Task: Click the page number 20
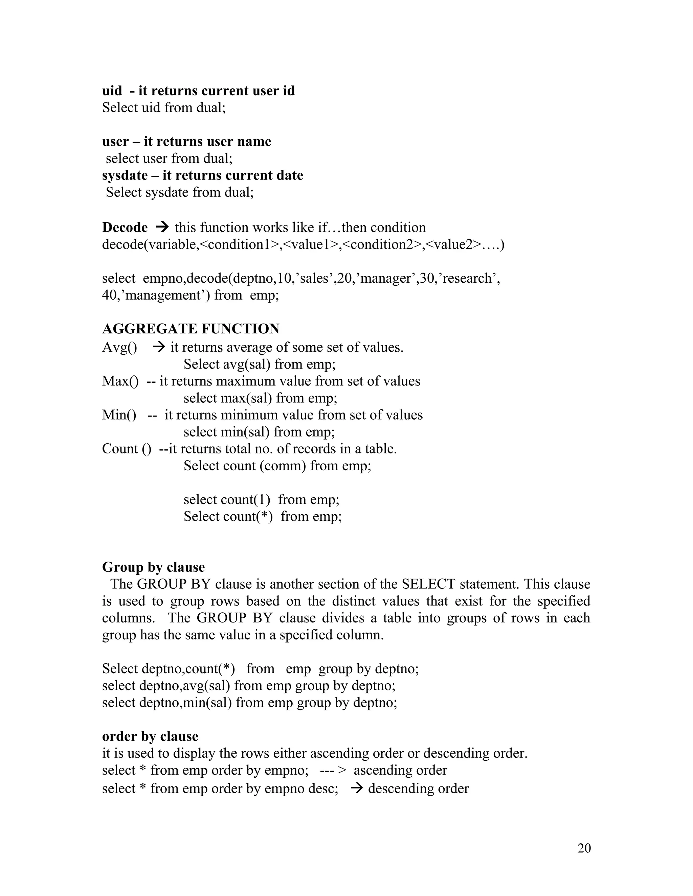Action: click(x=584, y=848)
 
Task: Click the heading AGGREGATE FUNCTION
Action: click(x=191, y=329)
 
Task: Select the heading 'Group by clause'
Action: click(x=153, y=567)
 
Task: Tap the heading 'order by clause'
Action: click(x=150, y=736)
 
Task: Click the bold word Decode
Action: click(x=125, y=227)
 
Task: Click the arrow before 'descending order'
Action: click(x=357, y=788)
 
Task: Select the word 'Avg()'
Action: click(x=119, y=348)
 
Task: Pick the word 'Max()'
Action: click(x=120, y=381)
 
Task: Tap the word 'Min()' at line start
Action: click(x=119, y=415)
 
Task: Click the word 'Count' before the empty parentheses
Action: click(x=120, y=449)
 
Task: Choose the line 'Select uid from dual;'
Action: click(x=164, y=108)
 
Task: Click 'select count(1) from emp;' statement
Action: click(x=261, y=499)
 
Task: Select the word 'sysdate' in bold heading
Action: click(x=125, y=175)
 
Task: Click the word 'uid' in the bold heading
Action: click(x=112, y=91)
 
